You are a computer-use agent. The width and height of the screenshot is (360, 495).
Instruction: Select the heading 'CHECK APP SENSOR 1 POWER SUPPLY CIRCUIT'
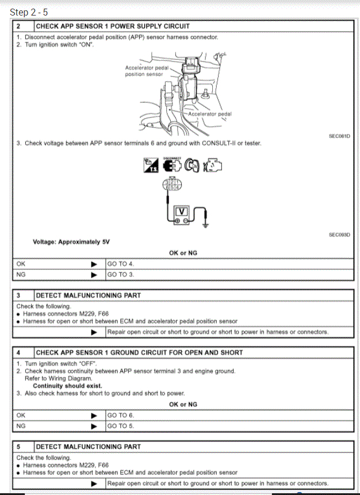[113, 26]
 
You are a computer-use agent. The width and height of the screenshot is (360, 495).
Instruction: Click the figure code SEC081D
[340, 136]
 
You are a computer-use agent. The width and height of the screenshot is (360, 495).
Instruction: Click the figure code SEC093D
[340, 235]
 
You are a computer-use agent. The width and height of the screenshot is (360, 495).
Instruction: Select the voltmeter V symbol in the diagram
[181, 211]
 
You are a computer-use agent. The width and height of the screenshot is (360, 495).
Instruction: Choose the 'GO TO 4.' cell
[121, 264]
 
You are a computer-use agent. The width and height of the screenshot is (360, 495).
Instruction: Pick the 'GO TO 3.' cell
[121, 275]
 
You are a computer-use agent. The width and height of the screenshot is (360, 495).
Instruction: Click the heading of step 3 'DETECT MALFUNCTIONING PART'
[88, 295]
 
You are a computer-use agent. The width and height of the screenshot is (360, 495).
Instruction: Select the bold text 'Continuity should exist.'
[67, 386]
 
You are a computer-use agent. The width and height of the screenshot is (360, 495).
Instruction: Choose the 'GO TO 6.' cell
[121, 415]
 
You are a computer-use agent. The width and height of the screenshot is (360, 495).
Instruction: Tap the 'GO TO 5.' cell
[121, 426]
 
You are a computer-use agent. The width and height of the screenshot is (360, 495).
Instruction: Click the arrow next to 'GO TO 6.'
[94, 415]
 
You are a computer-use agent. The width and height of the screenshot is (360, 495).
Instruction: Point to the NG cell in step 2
[22, 275]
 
